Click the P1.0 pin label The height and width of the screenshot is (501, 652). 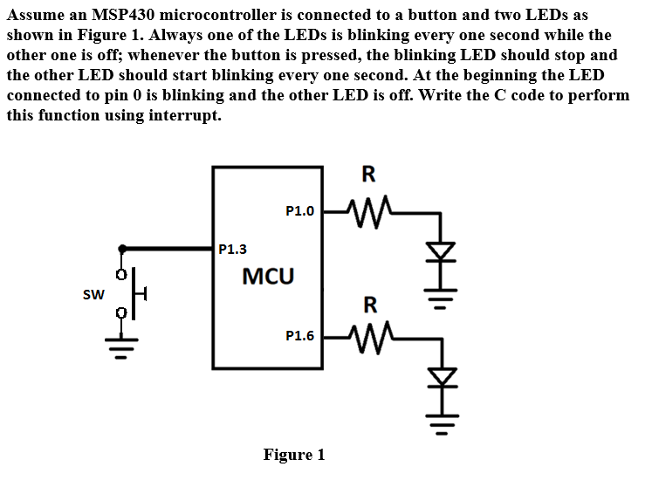pos(299,210)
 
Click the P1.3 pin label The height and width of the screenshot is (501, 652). pos(232,250)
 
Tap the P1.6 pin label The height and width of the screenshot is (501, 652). pos(299,334)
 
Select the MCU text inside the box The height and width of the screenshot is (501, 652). pos(268,278)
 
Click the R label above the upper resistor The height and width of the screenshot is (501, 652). pos(368,175)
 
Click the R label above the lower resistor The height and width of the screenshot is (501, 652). pos(369,305)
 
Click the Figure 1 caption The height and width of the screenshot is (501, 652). pos(294,455)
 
